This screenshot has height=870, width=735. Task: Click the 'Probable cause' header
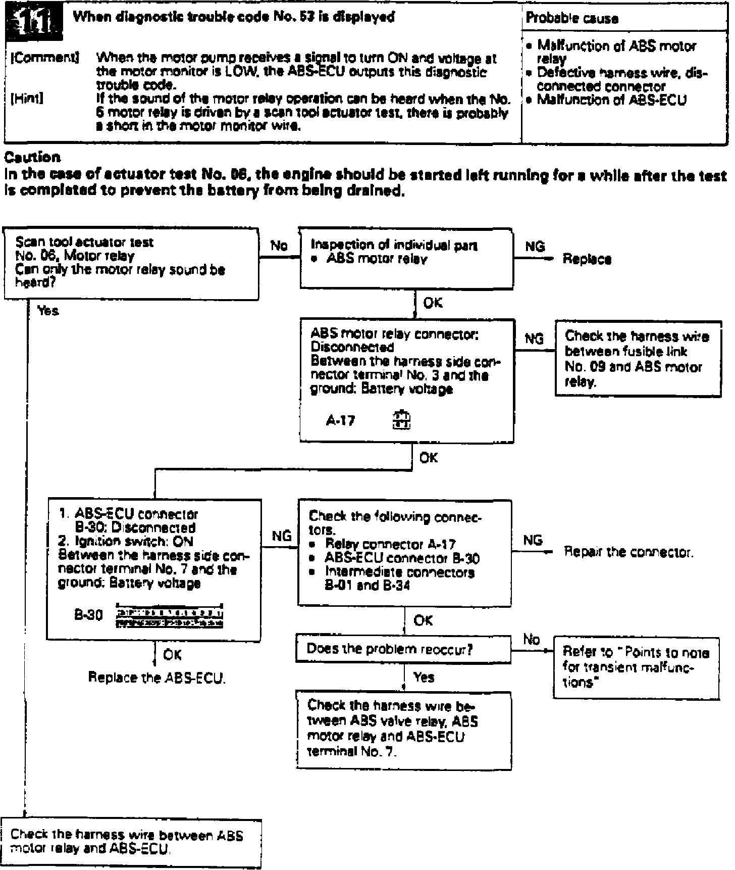(x=572, y=19)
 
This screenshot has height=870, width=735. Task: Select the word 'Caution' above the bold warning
(x=32, y=157)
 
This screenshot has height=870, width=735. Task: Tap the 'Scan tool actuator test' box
(x=131, y=263)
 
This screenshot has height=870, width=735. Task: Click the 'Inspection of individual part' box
(x=406, y=258)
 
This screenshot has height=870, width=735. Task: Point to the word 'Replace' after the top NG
(x=587, y=259)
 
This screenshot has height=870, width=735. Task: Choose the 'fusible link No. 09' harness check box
(x=638, y=358)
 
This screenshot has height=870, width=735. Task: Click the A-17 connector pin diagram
(x=402, y=420)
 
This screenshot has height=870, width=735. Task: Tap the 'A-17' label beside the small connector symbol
(x=340, y=420)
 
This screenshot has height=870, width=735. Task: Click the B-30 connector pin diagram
(x=170, y=616)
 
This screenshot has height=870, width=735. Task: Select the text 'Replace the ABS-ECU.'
(x=157, y=678)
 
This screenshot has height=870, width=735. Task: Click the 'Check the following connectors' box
(x=404, y=552)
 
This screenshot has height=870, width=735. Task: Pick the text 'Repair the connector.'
(x=628, y=552)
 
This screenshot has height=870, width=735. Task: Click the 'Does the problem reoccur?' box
(x=403, y=649)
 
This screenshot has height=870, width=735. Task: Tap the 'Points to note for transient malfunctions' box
(x=637, y=667)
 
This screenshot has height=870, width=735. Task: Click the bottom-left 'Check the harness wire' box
(x=131, y=842)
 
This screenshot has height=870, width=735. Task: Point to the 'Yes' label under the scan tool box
(x=48, y=311)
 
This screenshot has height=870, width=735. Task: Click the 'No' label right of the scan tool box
(x=279, y=246)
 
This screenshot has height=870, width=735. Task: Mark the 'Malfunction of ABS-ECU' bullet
(x=611, y=100)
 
